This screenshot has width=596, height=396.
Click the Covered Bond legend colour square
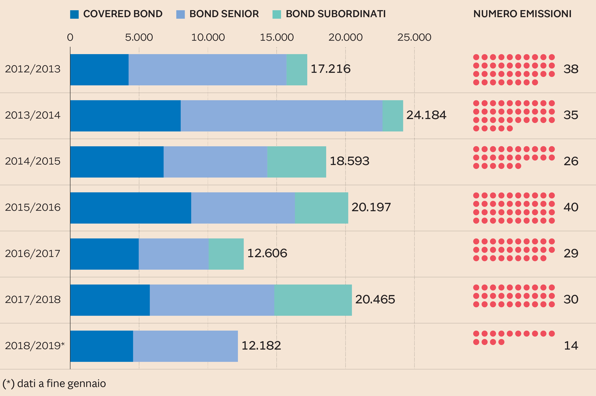(x=74, y=14)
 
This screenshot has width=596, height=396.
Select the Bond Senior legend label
(x=224, y=14)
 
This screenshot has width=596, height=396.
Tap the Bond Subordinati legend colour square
(x=277, y=14)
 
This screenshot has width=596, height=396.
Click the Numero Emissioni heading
(x=522, y=14)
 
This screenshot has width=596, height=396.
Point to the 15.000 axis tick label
(x=277, y=37)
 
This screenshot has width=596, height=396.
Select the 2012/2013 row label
(x=33, y=69)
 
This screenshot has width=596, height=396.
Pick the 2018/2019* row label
(x=35, y=345)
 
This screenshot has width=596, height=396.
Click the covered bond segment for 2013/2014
(x=125, y=116)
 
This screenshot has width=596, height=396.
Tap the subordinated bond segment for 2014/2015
(x=296, y=162)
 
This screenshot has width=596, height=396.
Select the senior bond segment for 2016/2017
(x=174, y=254)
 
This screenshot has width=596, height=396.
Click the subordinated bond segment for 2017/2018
(x=313, y=300)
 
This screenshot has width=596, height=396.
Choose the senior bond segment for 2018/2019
(x=185, y=346)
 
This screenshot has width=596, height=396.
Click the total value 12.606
(x=267, y=253)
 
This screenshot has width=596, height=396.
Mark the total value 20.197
(x=371, y=207)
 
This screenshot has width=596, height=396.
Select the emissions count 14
(x=571, y=345)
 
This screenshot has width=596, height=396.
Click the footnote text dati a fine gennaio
(x=54, y=383)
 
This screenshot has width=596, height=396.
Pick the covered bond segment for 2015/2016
(x=131, y=208)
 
